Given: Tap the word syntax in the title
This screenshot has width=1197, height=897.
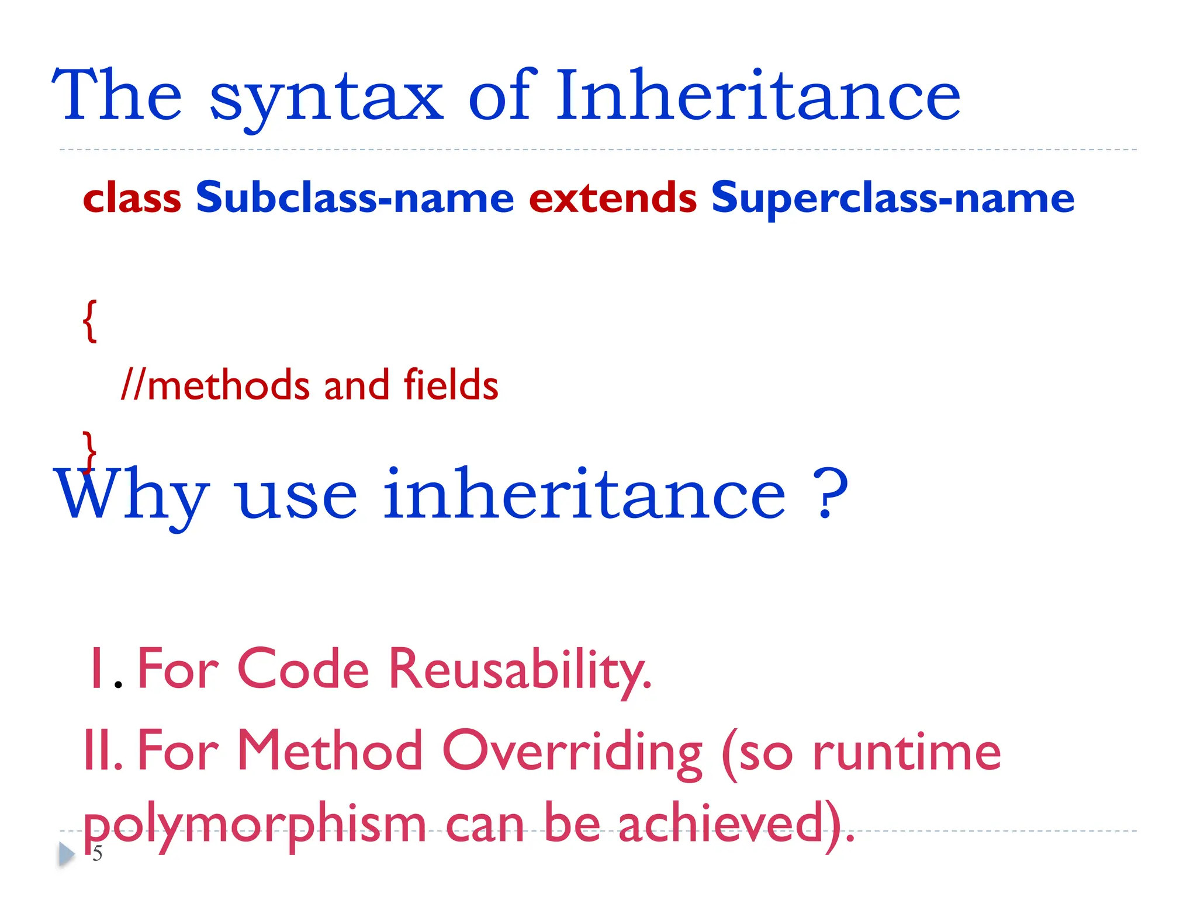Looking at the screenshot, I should coord(326,99).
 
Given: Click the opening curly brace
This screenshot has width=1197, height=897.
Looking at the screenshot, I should coord(89,321).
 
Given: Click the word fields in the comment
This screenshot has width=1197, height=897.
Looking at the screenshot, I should coord(451,385).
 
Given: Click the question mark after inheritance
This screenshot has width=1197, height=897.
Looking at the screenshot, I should coord(831,494).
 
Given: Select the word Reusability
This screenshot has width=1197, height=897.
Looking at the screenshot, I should coord(520,670).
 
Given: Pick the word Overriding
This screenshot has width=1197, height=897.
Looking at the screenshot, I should coord(572,752).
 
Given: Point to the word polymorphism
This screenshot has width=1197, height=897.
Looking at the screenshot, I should coord(255,825).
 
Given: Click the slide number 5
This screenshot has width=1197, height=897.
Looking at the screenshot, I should coord(98,854).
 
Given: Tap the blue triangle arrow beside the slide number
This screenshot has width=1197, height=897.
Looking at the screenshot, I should coord(67,854).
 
